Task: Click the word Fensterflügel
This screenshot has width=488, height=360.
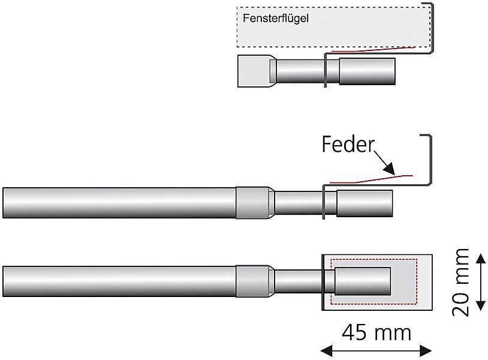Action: coord(276,18)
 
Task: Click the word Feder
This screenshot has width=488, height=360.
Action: coord(348,145)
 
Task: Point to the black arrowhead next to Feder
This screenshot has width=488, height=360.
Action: coord(388,168)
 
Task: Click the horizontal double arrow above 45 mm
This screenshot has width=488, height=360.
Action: coord(376,350)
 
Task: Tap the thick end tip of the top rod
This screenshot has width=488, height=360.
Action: coord(367,71)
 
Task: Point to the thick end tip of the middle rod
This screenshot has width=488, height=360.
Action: coord(365,203)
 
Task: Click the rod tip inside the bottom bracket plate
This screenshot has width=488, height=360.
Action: coord(363,281)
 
